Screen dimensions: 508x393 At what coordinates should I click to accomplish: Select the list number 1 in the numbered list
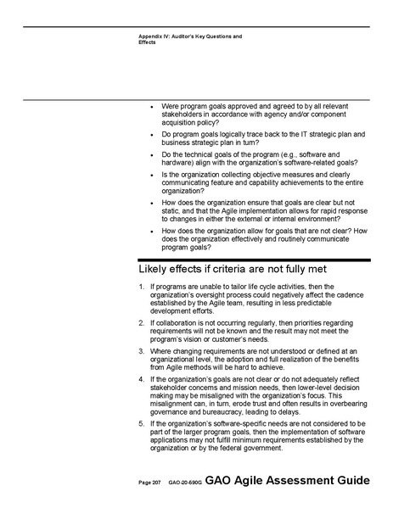click(x=141, y=287)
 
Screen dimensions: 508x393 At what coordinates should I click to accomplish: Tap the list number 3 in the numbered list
click(x=141, y=350)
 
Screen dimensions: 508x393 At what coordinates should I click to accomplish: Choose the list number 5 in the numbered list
click(x=141, y=422)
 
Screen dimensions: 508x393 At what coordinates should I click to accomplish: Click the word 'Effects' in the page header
click(x=148, y=42)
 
